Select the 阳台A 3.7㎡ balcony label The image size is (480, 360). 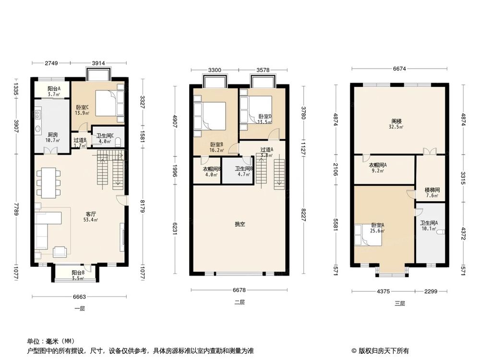pos(54,92)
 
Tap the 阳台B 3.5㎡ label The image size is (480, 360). pos(79,275)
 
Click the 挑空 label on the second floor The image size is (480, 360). pos(240,224)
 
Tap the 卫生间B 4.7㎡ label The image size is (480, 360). pos(243,171)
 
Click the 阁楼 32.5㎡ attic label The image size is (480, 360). pos(396,124)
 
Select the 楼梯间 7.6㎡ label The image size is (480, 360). pos(432,192)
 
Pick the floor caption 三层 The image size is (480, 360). pos(400,303)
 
